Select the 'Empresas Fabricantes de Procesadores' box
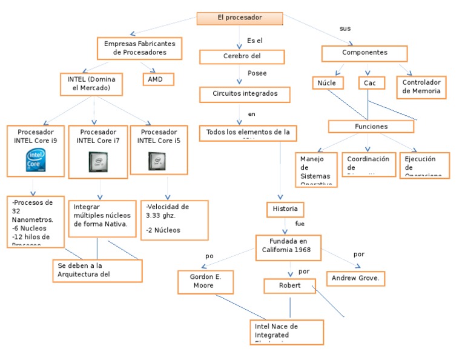[x=139, y=48]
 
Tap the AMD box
[x=157, y=79]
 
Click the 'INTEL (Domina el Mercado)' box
[x=91, y=84]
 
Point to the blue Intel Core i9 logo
[x=35, y=160]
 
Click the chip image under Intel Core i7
[x=97, y=161]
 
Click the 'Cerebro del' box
[x=242, y=57]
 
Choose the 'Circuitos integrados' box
[x=245, y=95]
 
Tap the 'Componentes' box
[x=364, y=53]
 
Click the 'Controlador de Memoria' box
[x=421, y=87]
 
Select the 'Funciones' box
[x=371, y=127]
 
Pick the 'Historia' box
[x=285, y=209]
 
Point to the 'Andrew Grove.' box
[x=355, y=278]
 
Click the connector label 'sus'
[x=345, y=28]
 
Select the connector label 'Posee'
[x=257, y=73]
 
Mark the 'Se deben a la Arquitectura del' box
[x=97, y=270]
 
